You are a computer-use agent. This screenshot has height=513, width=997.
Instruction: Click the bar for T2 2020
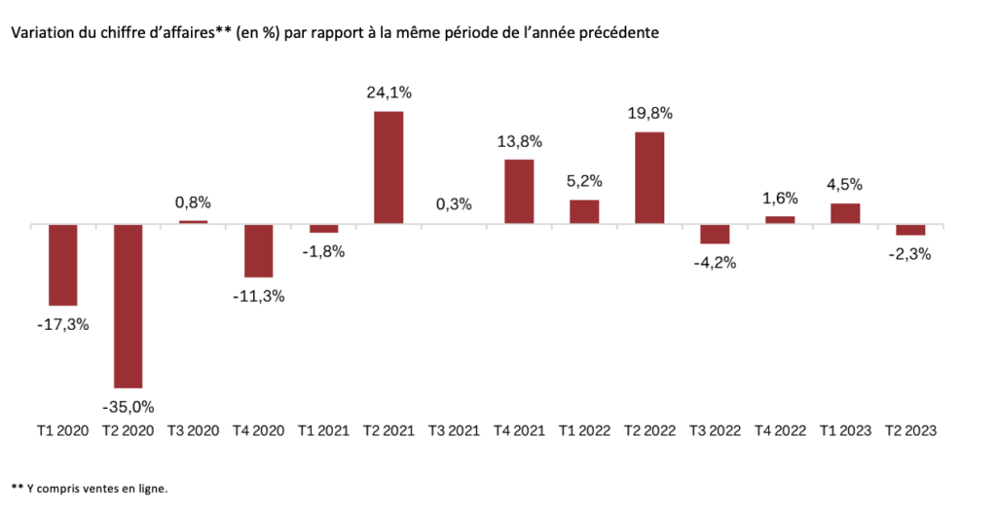click(x=128, y=306)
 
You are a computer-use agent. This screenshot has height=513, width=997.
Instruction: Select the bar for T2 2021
click(x=388, y=167)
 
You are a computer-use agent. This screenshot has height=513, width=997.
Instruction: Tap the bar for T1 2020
click(x=63, y=265)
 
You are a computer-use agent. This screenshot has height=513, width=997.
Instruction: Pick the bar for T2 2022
click(x=649, y=178)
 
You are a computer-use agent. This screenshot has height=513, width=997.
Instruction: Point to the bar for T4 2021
click(x=519, y=192)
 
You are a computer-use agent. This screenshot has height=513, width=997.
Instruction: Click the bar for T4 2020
click(x=258, y=250)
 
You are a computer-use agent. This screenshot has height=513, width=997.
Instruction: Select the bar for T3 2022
click(x=715, y=234)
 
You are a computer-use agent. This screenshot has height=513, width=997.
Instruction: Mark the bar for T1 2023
click(x=845, y=213)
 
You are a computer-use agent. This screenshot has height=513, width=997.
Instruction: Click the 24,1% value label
click(x=388, y=93)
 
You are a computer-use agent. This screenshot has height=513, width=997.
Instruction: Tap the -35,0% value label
click(x=129, y=406)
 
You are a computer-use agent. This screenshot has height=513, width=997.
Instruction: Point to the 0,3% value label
click(x=454, y=203)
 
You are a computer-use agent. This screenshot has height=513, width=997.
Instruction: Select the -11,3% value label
click(x=259, y=296)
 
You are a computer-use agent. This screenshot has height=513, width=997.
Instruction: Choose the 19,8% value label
click(x=649, y=113)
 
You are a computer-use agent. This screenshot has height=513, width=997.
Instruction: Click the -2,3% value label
click(x=909, y=255)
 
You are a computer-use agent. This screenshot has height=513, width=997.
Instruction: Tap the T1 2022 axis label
click(x=584, y=430)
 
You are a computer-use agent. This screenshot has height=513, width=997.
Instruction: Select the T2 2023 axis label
click(x=909, y=430)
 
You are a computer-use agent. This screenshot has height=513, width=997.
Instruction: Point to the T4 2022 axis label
click(x=780, y=430)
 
